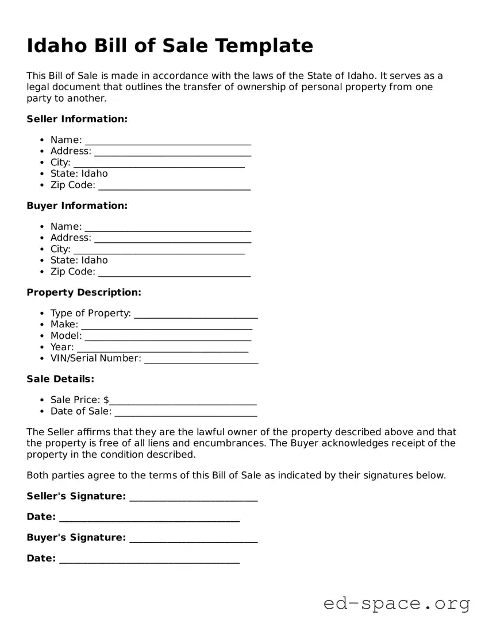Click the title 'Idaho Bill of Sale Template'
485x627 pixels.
click(170, 46)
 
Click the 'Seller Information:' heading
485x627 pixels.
click(77, 119)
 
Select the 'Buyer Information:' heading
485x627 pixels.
click(77, 206)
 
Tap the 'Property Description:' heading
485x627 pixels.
click(84, 292)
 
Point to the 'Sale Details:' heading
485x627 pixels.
click(60, 379)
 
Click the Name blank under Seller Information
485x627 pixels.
click(168, 141)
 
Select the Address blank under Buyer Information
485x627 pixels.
click(172, 238)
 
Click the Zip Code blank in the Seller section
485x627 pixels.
click(175, 186)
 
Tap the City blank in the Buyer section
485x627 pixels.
click(159, 250)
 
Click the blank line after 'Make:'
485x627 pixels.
click(167, 326)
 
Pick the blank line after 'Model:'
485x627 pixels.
click(168, 336)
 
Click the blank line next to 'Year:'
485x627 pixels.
click(163, 348)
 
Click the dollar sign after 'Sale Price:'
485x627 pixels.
click(107, 400)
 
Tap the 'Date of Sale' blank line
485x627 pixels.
click(186, 412)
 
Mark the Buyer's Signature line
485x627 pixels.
click(194, 539)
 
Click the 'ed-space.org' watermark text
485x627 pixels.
click(397, 603)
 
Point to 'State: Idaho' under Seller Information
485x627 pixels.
click(79, 173)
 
